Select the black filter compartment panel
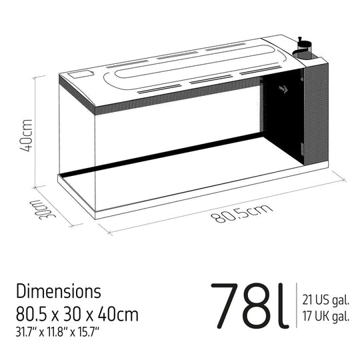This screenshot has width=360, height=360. point(280,120)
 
